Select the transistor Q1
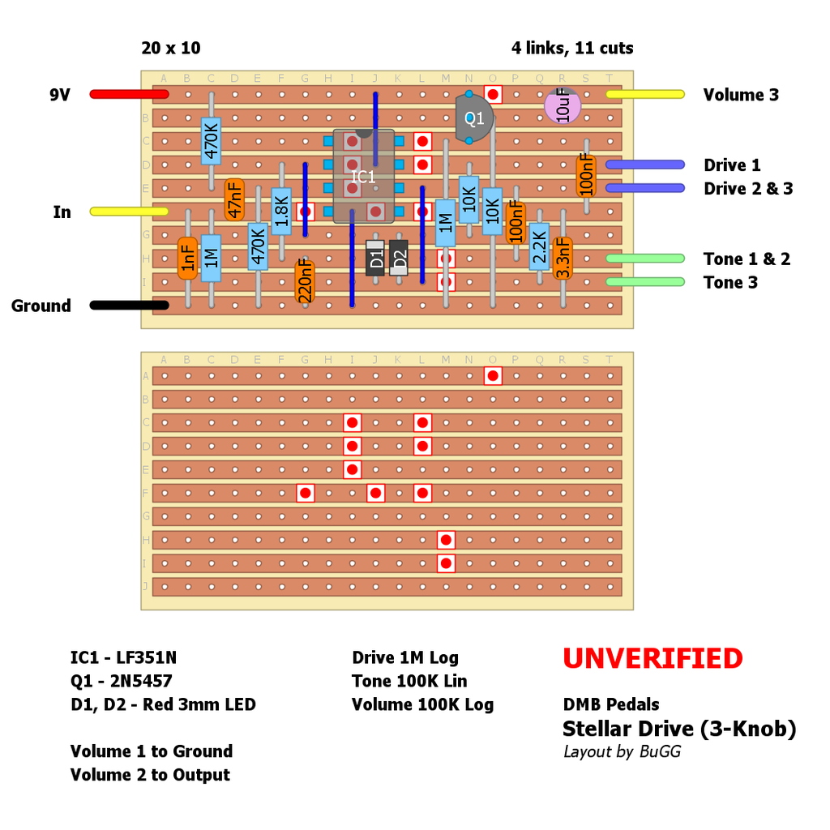coord(473,118)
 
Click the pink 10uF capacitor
coord(563,106)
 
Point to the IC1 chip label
coord(363,176)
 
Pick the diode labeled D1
coord(375,259)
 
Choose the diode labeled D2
coord(398,259)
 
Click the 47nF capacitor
coord(234,199)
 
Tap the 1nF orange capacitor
coord(187,258)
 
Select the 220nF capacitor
coord(306,280)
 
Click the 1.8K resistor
coord(281,211)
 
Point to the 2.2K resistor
coord(539,246)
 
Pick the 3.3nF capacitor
coord(563,258)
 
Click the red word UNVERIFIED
coord(652,659)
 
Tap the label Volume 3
coord(741,95)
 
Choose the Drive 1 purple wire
coord(644,165)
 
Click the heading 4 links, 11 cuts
coord(572,48)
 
